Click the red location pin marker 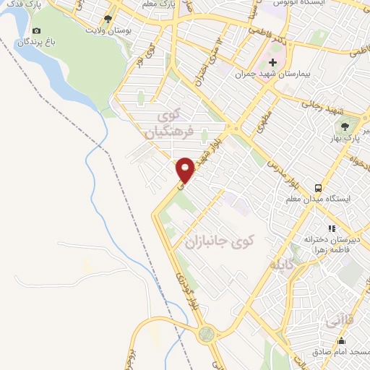(x=186, y=170)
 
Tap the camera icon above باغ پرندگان (x=37, y=31)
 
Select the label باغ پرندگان (x=36, y=42)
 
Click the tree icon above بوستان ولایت (x=108, y=19)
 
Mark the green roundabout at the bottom (x=207, y=334)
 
